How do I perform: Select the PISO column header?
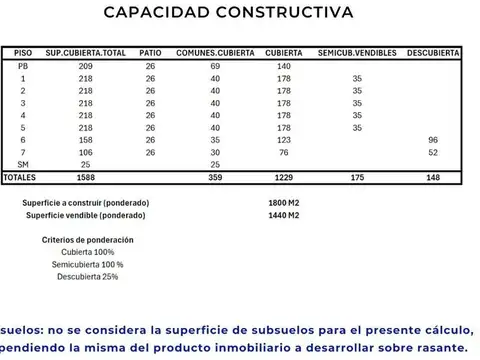pyautogui.click(x=23, y=52)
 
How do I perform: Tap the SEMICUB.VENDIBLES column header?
pyautogui.click(x=357, y=52)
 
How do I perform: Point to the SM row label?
pyautogui.click(x=23, y=164)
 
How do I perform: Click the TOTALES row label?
pyautogui.click(x=19, y=177)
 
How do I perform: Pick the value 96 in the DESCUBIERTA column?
pyautogui.click(x=433, y=139)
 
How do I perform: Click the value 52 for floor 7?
pyautogui.click(x=433, y=152)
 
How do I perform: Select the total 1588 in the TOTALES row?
pyautogui.click(x=86, y=177)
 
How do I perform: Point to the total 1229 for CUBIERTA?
pyautogui.click(x=284, y=177)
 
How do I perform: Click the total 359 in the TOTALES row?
pyautogui.click(x=215, y=177)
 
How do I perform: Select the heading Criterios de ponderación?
pyautogui.click(x=88, y=240)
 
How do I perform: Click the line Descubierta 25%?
pyautogui.click(x=88, y=276)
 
